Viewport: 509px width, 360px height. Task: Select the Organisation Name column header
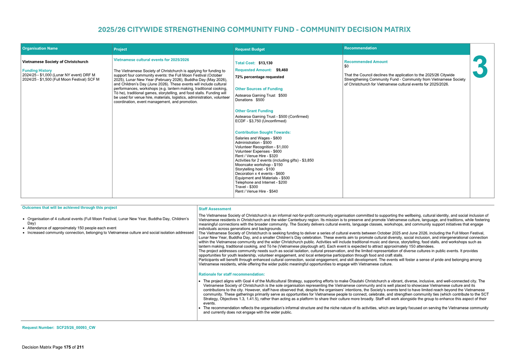40,48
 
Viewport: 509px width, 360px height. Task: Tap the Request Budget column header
250,49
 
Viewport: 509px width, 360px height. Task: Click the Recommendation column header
360,48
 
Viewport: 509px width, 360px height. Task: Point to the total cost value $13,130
265,63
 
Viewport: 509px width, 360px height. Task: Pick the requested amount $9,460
282,70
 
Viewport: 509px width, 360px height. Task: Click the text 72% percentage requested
259,77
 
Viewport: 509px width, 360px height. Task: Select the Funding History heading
37,71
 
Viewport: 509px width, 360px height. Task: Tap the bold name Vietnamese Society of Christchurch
55,62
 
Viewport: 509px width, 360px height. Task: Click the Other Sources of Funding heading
259,89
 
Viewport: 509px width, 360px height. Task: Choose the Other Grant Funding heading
254,111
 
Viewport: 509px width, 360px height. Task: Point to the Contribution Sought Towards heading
263,132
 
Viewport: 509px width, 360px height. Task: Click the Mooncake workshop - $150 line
259,165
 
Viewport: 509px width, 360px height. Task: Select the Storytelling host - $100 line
255,169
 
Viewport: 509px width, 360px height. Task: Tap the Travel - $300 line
246,187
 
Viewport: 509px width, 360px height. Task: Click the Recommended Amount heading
366,62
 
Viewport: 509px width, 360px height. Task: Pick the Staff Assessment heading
214,209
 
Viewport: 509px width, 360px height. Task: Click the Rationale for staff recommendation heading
232,274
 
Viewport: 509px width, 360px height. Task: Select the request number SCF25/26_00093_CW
76,328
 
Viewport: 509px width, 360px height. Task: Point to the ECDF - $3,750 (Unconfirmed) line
261,121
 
